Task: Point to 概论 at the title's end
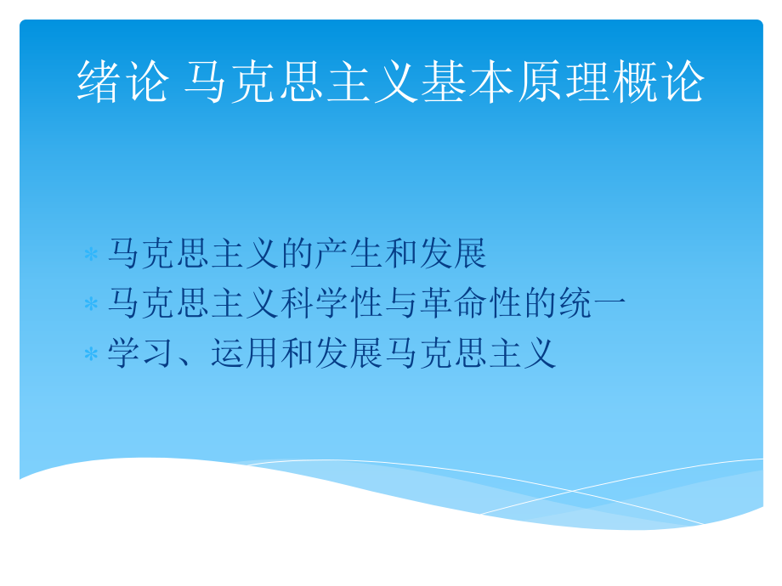tap(658, 82)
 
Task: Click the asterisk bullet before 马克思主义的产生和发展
tap(91, 255)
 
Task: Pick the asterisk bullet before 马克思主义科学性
tap(91, 305)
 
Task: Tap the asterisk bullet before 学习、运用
tap(91, 355)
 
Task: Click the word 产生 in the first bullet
tap(348, 254)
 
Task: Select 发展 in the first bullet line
tap(452, 254)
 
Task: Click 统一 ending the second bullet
tap(592, 304)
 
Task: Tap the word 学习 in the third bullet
tap(141, 353)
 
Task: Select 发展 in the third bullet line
tap(348, 353)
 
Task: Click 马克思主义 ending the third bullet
tap(470, 353)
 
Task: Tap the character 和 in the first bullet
tap(399, 254)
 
